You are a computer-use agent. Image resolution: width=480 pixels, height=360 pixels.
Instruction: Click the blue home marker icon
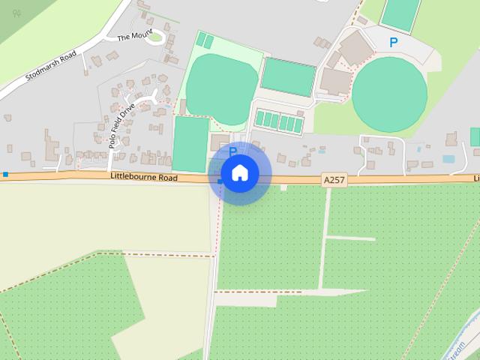click(239, 173)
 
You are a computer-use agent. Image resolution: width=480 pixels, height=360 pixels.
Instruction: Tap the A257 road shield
click(334, 180)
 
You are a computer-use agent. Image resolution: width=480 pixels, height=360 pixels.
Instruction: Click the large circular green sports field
click(389, 94)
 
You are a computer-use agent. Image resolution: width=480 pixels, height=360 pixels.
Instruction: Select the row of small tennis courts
click(280, 119)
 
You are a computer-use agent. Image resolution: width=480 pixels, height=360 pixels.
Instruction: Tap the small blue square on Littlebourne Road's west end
click(5, 175)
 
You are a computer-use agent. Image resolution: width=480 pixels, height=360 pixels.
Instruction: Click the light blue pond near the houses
click(448, 159)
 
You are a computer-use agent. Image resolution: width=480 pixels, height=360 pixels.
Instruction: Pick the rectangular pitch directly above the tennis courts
click(288, 76)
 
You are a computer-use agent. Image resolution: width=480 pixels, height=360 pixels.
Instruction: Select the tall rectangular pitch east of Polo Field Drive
click(191, 144)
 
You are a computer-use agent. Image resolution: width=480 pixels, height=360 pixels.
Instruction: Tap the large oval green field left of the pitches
click(219, 89)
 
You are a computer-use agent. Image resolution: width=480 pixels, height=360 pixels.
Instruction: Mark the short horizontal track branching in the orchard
click(349, 238)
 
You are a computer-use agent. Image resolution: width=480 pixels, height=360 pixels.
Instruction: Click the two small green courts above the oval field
click(205, 40)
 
